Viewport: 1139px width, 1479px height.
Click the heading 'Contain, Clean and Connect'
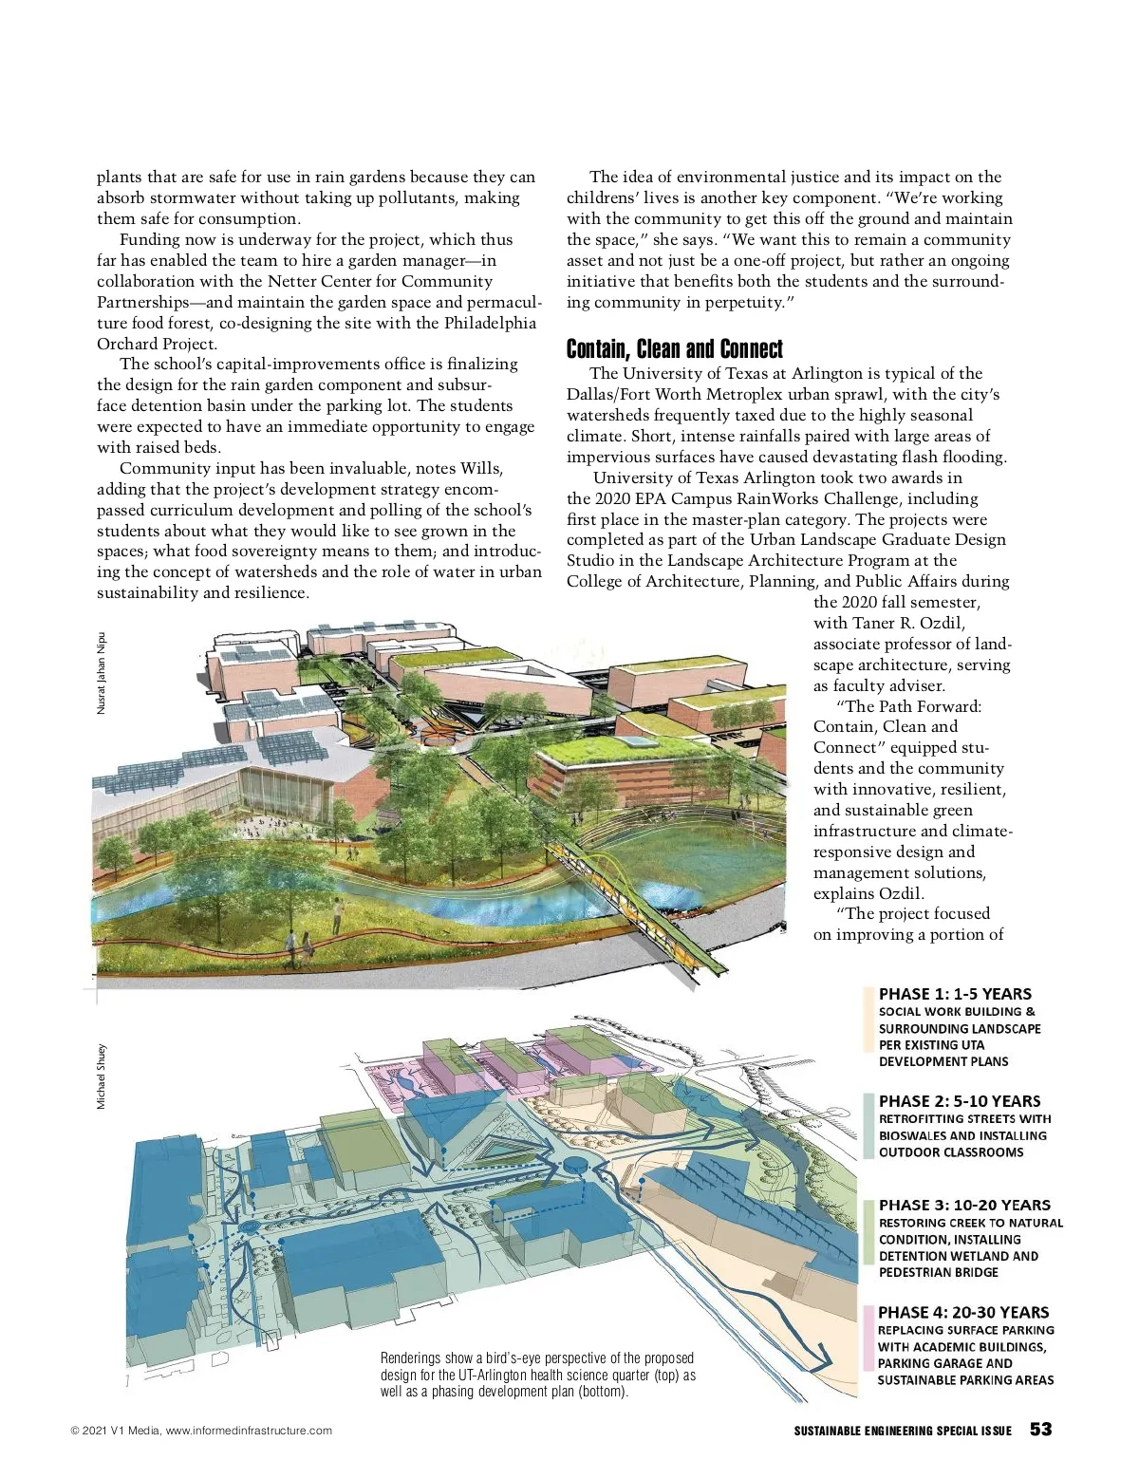(675, 348)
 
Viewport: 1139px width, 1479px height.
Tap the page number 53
(1041, 1430)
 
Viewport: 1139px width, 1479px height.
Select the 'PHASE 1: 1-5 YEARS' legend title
(955, 994)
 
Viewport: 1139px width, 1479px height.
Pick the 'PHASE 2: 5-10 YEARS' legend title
(960, 1101)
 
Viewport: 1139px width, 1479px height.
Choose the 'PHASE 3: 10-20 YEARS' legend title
(964, 1205)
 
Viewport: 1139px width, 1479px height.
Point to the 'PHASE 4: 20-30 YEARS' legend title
(963, 1312)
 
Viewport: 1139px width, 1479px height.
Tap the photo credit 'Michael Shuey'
(102, 1076)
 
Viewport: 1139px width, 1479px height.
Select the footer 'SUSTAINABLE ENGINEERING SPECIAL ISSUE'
(903, 1431)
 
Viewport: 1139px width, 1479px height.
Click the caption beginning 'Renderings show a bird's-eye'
(537, 1375)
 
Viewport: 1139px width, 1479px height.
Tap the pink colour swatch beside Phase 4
(868, 1339)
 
